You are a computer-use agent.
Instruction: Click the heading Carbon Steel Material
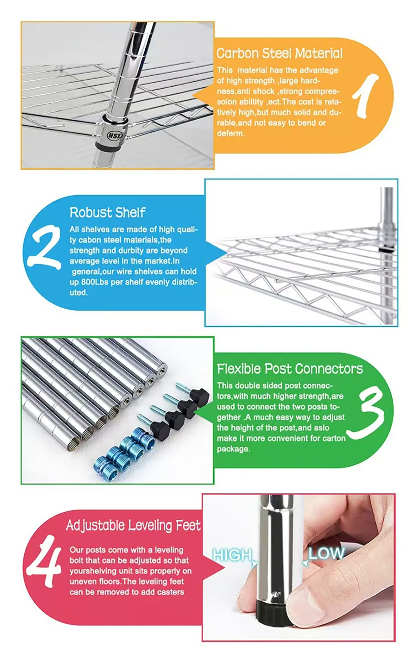(x=279, y=53)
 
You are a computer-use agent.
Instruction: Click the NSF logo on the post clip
(x=114, y=136)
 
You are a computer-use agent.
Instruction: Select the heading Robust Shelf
(x=107, y=212)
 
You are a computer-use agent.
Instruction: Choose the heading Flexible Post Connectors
(x=289, y=369)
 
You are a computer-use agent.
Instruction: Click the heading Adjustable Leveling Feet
(x=133, y=525)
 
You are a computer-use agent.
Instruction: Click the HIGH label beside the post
(x=232, y=555)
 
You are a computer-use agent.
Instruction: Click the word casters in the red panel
(x=170, y=592)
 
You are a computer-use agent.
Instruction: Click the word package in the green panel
(x=233, y=449)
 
